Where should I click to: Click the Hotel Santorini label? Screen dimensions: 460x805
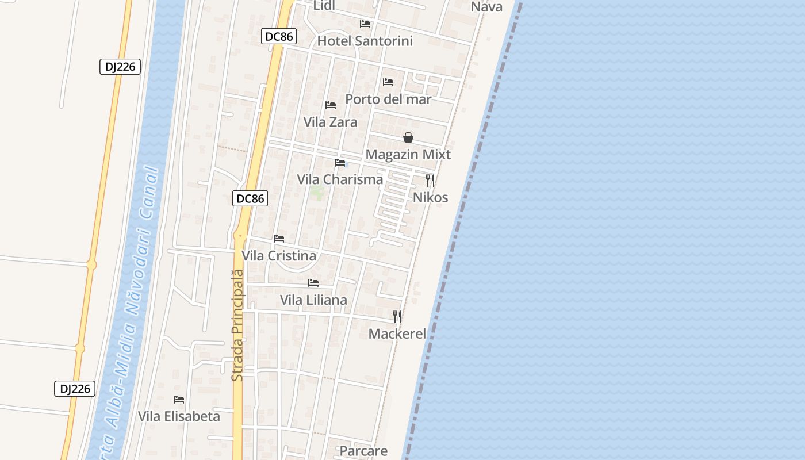pyautogui.click(x=365, y=41)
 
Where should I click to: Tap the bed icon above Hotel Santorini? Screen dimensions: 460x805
pyautogui.click(x=365, y=24)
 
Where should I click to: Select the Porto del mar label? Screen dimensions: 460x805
pyautogui.click(x=388, y=99)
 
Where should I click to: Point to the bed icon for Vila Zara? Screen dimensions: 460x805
pyautogui.click(x=331, y=105)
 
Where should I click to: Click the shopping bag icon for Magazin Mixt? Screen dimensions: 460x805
pyautogui.click(x=408, y=137)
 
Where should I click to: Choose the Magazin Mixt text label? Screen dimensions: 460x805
pyautogui.click(x=408, y=155)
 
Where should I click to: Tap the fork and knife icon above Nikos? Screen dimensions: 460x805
pyautogui.click(x=430, y=180)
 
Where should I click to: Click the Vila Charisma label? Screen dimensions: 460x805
pyautogui.click(x=340, y=179)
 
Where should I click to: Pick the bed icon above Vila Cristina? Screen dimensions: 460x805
pyautogui.click(x=279, y=239)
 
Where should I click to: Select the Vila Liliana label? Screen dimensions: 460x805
pyautogui.click(x=313, y=300)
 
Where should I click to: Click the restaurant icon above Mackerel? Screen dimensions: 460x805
pyautogui.click(x=397, y=317)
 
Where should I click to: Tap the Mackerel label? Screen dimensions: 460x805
pyautogui.click(x=397, y=334)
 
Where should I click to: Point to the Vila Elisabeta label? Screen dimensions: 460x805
pyautogui.click(x=179, y=416)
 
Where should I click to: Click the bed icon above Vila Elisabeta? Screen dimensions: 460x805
pyautogui.click(x=179, y=400)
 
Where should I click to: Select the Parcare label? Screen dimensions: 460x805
pyautogui.click(x=363, y=451)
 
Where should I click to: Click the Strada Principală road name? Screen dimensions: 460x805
pyautogui.click(x=238, y=325)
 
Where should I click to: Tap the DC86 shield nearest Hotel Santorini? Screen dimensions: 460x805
pyautogui.click(x=279, y=36)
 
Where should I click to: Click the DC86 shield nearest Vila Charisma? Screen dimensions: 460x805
pyautogui.click(x=251, y=198)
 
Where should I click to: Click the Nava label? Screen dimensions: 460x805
pyautogui.click(x=486, y=7)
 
